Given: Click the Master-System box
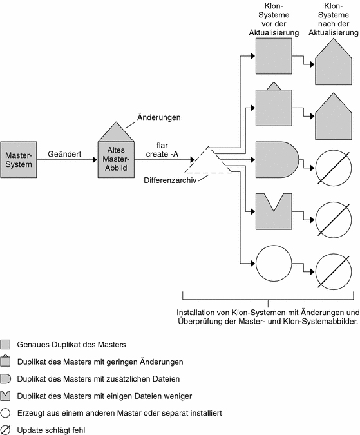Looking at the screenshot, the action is (19, 160).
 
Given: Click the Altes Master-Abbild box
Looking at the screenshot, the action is (116, 160).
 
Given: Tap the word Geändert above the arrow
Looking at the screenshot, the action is (64, 154).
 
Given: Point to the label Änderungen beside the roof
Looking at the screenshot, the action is (159, 117).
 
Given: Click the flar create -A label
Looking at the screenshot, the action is (162, 150).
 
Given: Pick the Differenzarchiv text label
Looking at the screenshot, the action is (170, 180).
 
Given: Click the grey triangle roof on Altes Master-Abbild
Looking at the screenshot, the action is (116, 133).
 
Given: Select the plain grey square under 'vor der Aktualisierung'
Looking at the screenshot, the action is (274, 56).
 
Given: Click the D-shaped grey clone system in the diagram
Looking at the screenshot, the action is (277, 160).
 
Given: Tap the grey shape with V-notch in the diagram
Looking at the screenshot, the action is (274, 211).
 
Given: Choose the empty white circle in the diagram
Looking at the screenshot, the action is (274, 264).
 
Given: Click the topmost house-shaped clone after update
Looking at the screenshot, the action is (334, 63).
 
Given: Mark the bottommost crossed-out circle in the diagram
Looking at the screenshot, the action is (334, 271).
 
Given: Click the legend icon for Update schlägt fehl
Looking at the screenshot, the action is (5, 430).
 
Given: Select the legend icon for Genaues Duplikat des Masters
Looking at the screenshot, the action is (5, 344).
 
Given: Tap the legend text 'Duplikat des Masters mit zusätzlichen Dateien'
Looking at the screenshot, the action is (99, 379).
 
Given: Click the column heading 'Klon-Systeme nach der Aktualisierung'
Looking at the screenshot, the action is (334, 19).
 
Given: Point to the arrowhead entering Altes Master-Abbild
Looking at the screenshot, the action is (95, 160).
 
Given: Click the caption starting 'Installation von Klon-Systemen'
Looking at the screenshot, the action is (268, 317).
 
